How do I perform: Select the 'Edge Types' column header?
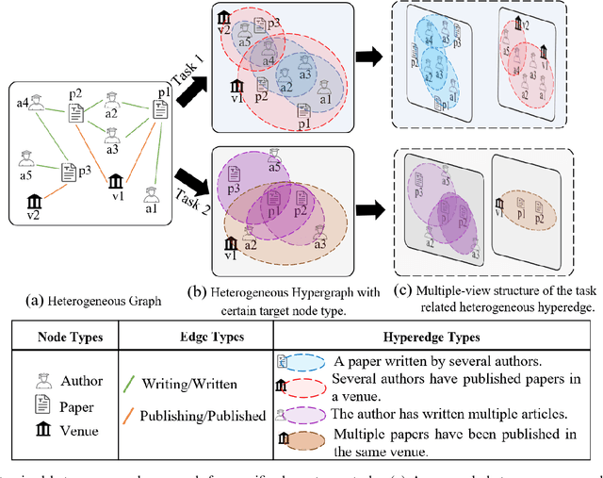[x=225, y=338]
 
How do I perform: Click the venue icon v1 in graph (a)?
[x=116, y=180]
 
